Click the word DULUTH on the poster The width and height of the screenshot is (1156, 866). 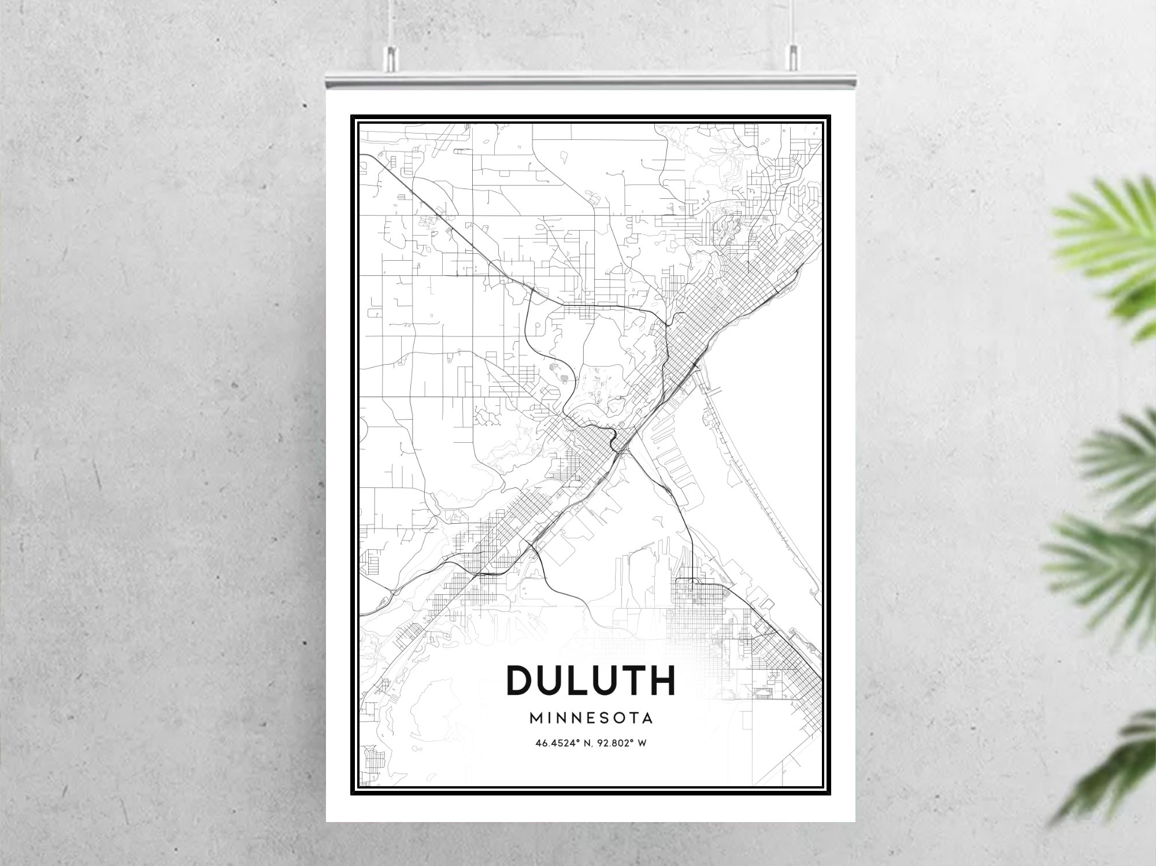[591, 680]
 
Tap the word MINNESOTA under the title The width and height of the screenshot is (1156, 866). [591, 718]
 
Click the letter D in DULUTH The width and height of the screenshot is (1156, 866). [520, 680]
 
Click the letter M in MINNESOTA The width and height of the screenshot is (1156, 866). [536, 718]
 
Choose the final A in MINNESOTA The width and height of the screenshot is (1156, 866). [647, 718]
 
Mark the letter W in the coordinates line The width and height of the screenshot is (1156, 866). [642, 743]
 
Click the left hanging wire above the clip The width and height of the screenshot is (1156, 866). [391, 23]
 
